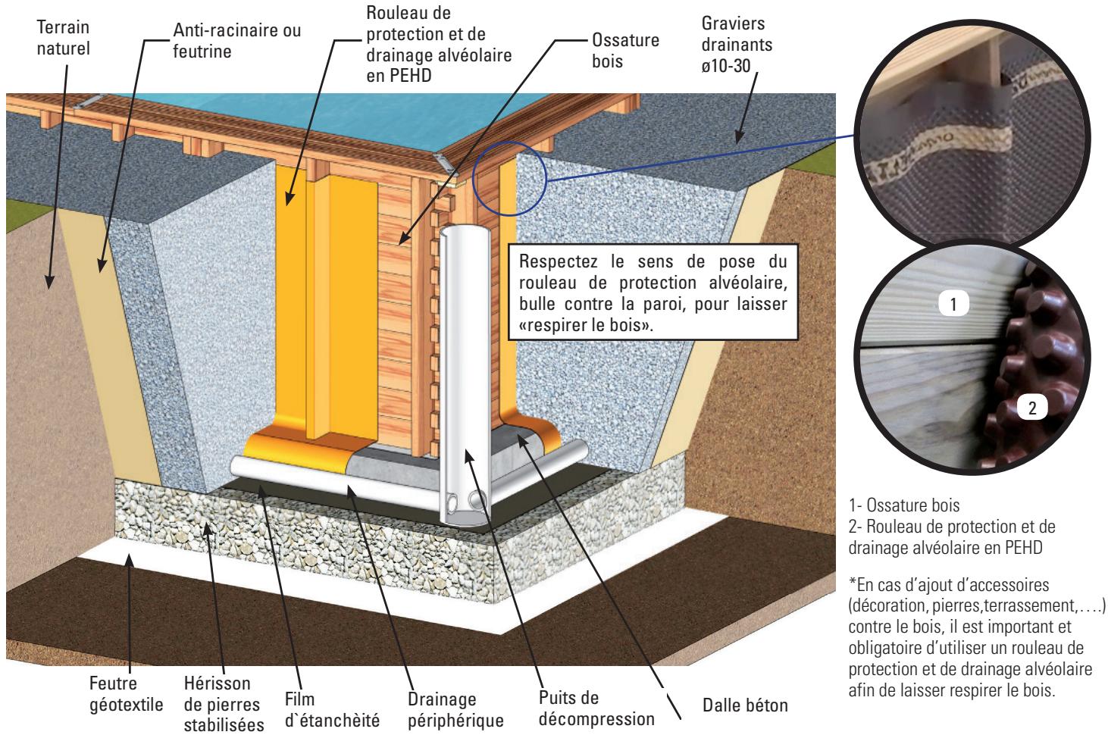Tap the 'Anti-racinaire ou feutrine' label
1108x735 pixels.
pos(236,40)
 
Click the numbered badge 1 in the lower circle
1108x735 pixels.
pos(954,305)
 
